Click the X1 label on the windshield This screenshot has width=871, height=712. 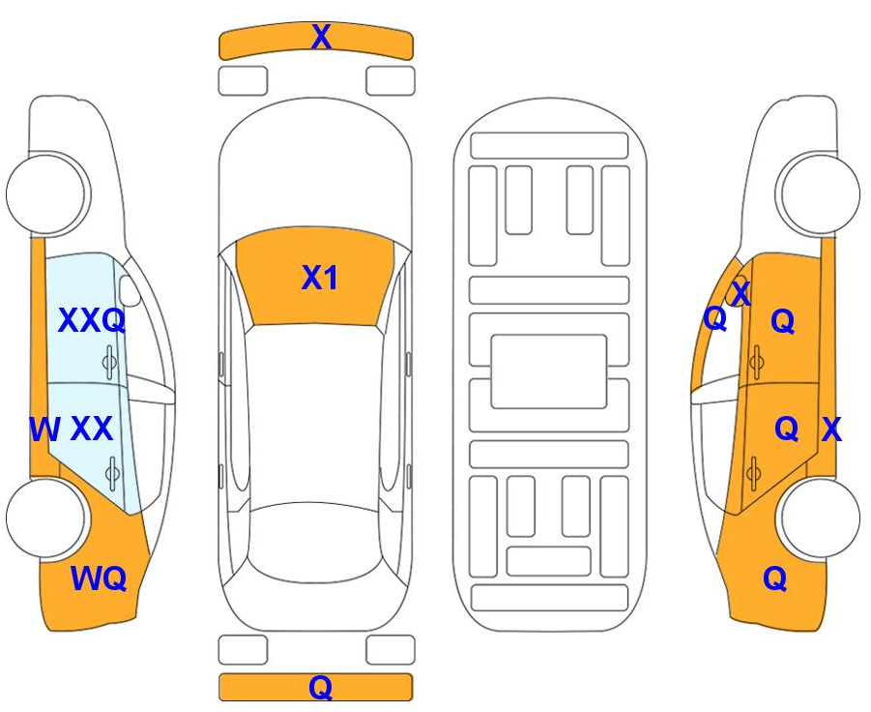point(319,278)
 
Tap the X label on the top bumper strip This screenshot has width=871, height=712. point(322,37)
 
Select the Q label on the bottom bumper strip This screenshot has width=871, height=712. point(321,687)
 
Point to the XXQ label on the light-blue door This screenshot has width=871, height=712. point(92,320)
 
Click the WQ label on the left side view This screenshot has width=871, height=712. point(99,578)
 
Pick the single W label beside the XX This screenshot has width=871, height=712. point(44,429)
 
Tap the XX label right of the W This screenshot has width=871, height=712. point(92,429)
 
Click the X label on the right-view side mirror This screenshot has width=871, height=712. point(741,293)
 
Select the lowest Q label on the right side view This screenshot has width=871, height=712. point(775,578)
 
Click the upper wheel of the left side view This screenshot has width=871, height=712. point(47,194)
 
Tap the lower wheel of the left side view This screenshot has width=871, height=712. point(47,518)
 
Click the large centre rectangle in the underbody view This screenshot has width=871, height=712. point(549,371)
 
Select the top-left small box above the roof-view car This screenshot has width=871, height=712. point(243,81)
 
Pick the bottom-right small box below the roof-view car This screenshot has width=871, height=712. point(391,650)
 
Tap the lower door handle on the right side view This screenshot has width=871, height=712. point(753,474)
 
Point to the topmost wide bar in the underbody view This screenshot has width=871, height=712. point(549,146)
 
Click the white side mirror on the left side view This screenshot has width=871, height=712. point(130,290)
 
